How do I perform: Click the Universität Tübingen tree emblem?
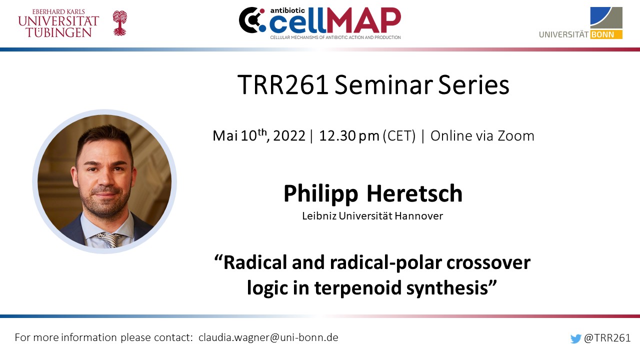click(119, 23)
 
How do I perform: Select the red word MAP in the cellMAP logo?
click(363, 20)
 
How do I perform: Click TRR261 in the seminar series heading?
click(283, 84)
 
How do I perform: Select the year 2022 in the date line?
click(289, 135)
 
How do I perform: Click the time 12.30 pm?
click(349, 136)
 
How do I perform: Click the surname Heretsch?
click(414, 193)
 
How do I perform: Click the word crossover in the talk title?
click(488, 263)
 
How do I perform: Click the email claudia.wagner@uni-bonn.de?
click(268, 337)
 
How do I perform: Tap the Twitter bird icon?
click(575, 338)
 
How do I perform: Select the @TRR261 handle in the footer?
click(607, 338)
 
